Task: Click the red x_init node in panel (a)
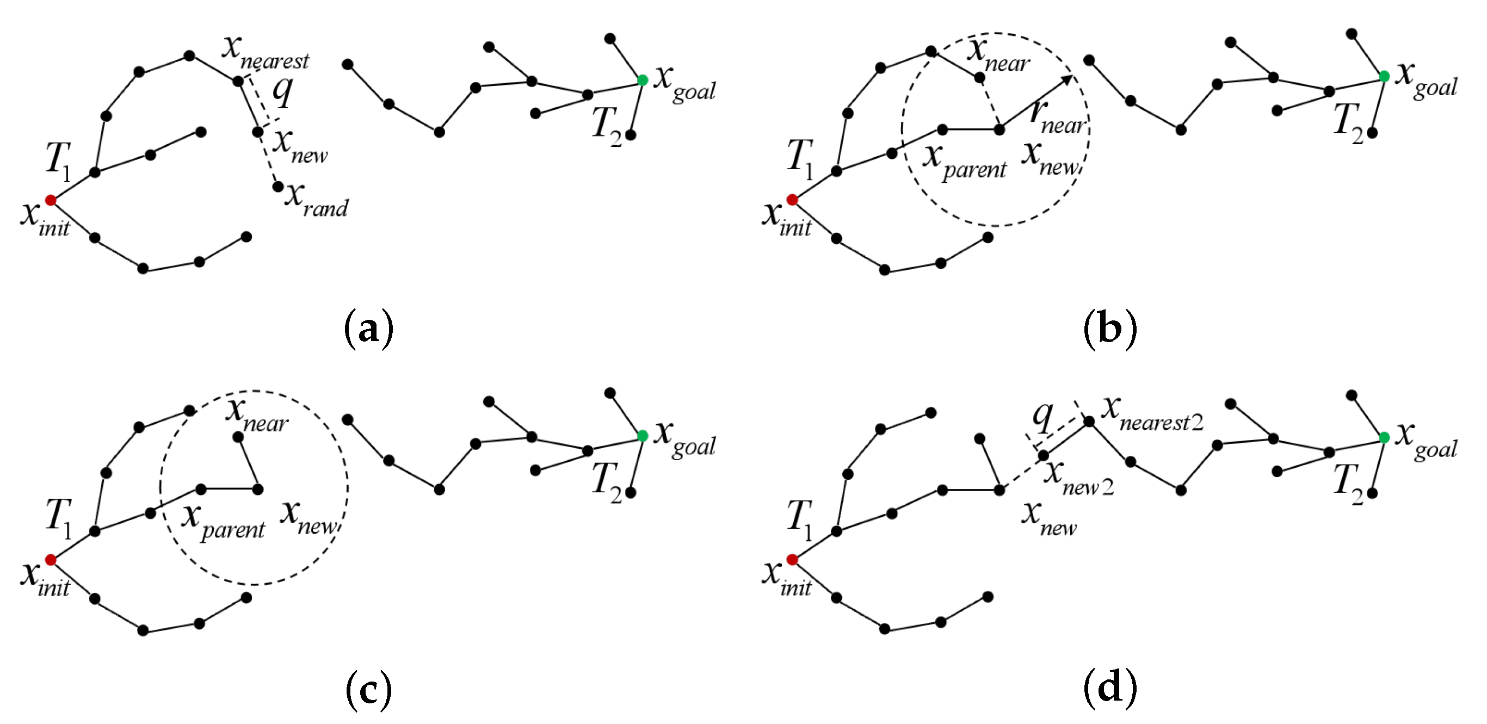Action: [x=51, y=200]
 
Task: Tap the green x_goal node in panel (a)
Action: [x=643, y=80]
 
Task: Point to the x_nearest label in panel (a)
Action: [x=266, y=51]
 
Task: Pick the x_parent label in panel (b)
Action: [x=964, y=161]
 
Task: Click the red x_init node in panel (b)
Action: [x=792, y=200]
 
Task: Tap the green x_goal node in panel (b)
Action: [x=1384, y=76]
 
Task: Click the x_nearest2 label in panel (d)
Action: [x=1152, y=414]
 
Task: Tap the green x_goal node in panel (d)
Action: [x=1384, y=437]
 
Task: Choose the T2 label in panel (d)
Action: [x=1348, y=484]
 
